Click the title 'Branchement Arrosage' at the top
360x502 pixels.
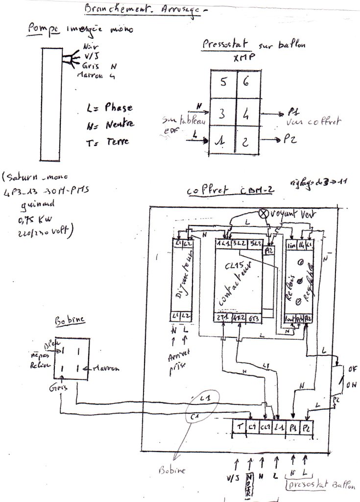point(142,11)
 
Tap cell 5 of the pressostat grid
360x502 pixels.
point(223,83)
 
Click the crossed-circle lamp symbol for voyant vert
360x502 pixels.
point(263,214)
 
